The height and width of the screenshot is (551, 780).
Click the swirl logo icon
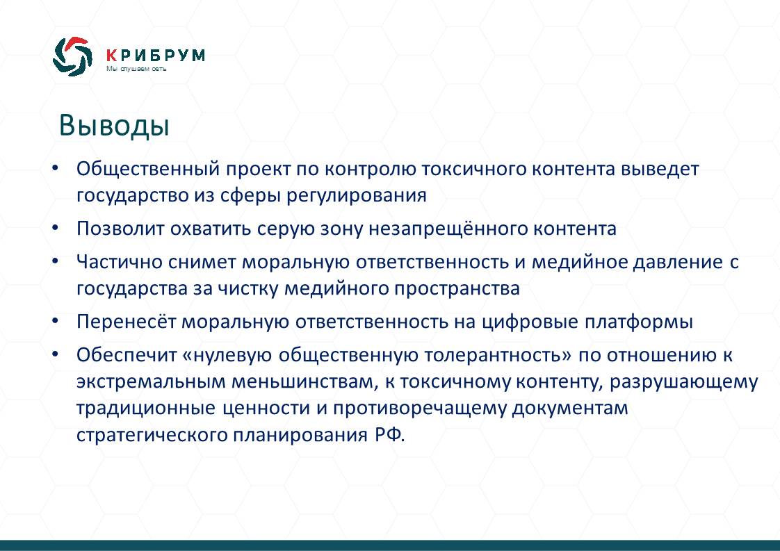(72, 56)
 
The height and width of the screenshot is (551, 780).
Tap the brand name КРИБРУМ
(156, 55)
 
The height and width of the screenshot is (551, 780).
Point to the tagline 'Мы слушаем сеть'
(136, 69)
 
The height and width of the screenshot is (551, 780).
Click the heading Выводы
(115, 125)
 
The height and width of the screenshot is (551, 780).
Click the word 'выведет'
(660, 169)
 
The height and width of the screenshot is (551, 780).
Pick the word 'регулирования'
(356, 196)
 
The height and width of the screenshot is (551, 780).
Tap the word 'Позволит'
(120, 229)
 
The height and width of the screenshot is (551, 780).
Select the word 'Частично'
(120, 262)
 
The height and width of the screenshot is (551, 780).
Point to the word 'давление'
(678, 262)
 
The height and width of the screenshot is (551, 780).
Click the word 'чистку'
(248, 289)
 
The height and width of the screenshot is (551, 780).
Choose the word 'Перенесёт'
(127, 322)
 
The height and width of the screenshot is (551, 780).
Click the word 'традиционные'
(146, 409)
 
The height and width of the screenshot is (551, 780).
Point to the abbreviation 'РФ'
(387, 435)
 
